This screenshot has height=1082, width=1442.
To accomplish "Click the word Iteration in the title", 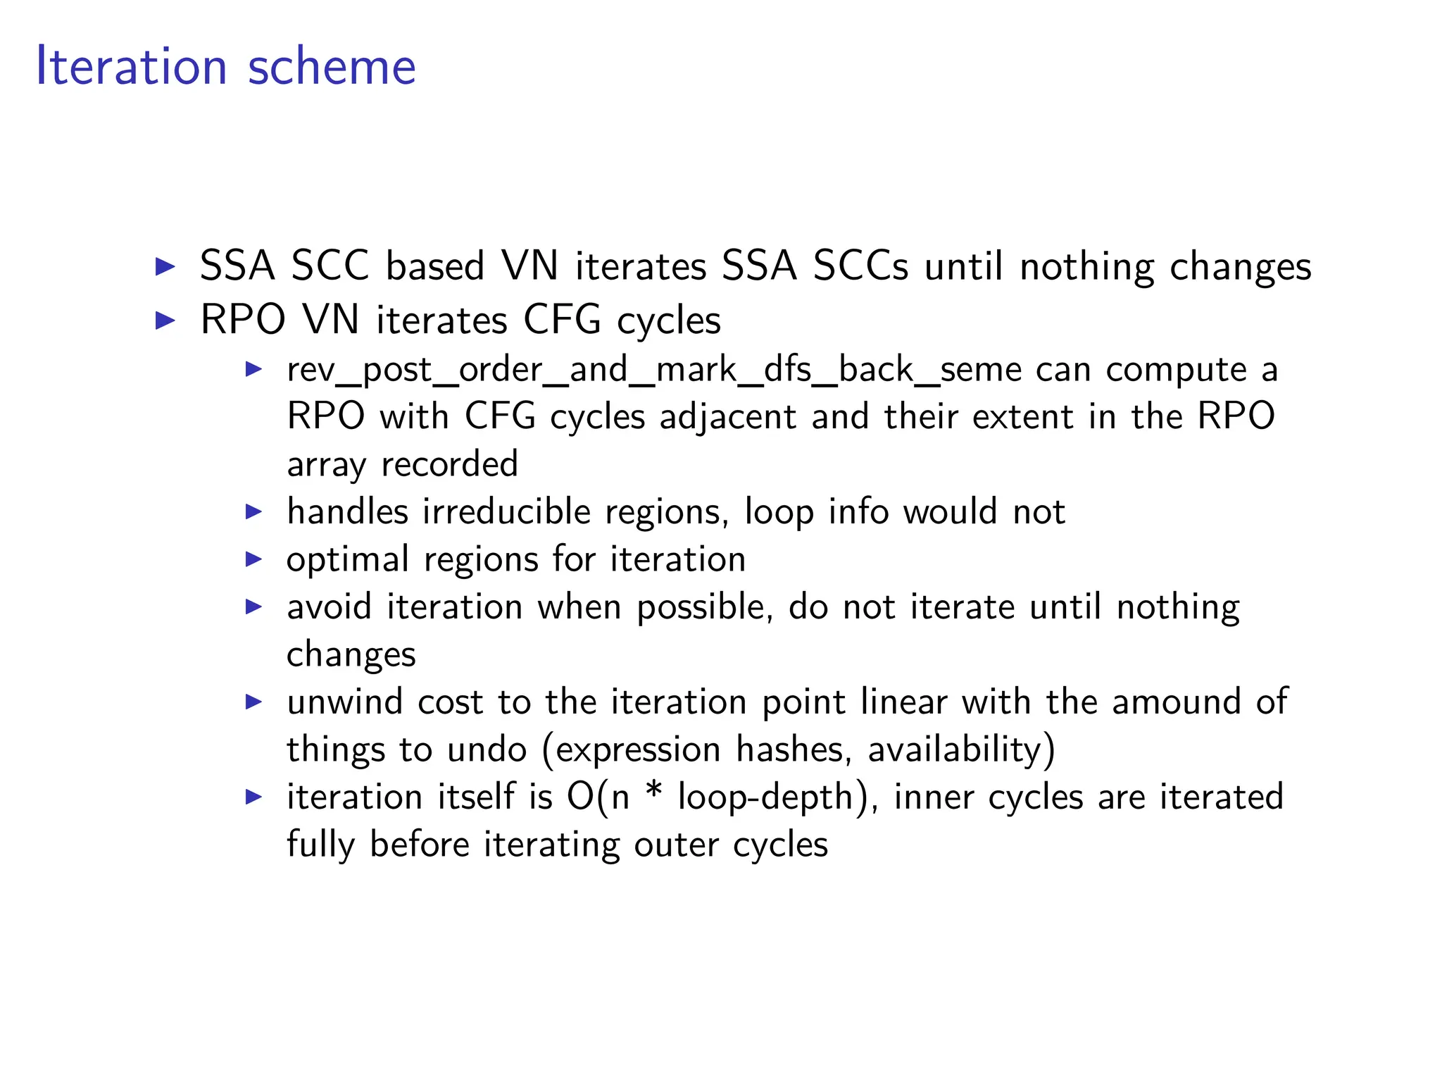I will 131,67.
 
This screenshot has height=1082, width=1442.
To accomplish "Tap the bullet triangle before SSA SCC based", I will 165,266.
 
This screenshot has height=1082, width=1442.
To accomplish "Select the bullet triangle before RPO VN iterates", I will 165,321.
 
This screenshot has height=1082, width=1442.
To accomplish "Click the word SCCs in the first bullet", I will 860,266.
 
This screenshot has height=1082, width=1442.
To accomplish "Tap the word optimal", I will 347,560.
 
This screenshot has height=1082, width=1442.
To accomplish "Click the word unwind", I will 344,702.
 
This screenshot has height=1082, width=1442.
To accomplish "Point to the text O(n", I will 598,797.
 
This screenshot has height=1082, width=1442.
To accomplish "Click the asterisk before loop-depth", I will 653,795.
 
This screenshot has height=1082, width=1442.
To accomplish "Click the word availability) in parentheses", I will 961,750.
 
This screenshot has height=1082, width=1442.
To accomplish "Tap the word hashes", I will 789,750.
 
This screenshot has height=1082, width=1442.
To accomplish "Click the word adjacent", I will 727,417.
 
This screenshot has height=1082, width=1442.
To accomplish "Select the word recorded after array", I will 449,465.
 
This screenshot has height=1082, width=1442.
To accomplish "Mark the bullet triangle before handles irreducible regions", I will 253,512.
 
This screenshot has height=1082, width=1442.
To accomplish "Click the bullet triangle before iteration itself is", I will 253,797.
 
